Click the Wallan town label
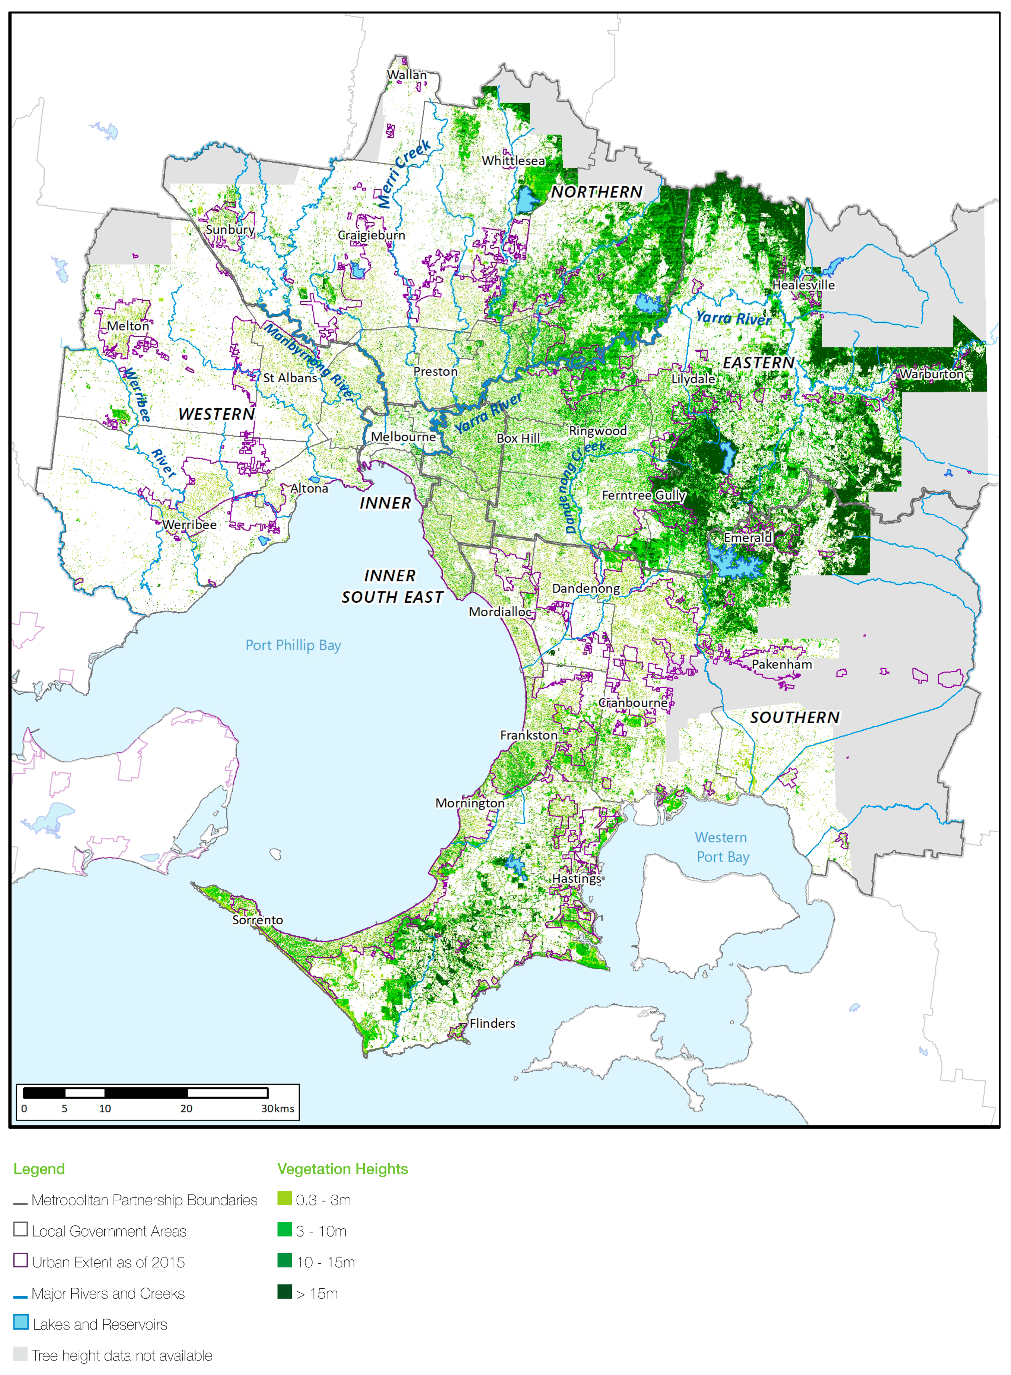coord(406,75)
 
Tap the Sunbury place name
coord(230,229)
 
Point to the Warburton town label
coord(931,373)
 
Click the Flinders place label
coord(492,1023)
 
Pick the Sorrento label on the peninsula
coord(257,920)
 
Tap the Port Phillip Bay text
coord(293,645)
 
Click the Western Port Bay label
coord(721,847)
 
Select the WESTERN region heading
coord(216,414)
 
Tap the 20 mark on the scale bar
coord(186,1108)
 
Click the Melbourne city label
coord(403,436)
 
